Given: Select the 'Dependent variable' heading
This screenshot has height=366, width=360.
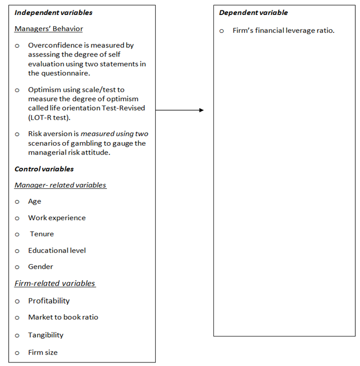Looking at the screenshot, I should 254,12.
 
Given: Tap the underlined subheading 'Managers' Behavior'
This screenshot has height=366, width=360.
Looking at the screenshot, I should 48,29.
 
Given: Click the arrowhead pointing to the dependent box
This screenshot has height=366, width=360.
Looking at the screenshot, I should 201,110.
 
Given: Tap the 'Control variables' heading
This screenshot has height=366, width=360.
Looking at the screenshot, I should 44,169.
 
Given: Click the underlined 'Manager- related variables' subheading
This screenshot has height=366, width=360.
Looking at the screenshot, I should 60,185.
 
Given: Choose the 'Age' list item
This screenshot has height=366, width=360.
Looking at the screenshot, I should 34,201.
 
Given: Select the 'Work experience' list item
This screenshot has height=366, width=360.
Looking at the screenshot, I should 57,218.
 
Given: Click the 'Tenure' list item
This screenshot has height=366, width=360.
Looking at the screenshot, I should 42,234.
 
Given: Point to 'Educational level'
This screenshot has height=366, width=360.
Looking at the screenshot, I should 57,251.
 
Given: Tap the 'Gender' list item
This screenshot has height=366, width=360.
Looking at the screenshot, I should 41,267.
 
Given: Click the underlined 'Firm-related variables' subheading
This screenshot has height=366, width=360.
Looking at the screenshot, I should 55,283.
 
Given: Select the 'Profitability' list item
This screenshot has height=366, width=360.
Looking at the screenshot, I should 49,301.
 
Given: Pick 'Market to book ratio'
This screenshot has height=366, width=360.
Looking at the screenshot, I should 63,317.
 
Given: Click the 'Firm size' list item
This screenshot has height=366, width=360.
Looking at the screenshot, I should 43,353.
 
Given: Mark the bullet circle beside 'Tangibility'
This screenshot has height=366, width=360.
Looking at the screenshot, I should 17,336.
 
